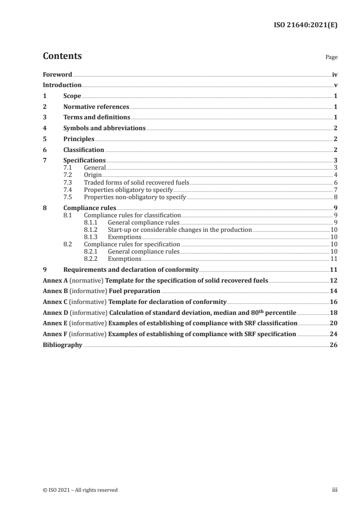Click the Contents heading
point(62,56)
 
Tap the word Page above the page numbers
point(331,58)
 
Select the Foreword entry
point(57,74)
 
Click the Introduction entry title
point(62,85)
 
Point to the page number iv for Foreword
point(334,74)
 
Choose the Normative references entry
point(96,107)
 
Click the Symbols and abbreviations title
point(104,128)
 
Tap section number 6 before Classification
point(44,150)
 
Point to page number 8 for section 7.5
point(335,196)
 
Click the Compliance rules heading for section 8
point(89,208)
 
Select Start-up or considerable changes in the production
point(180,230)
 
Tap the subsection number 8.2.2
point(92,259)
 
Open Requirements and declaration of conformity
point(131,270)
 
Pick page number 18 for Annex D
point(334,313)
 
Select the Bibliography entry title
point(62,345)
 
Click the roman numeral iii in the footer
point(335,490)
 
